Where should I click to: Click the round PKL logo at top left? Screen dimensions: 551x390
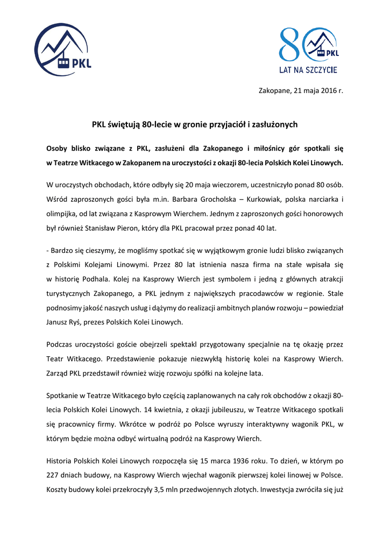62,50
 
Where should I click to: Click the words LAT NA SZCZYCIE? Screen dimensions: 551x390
308,69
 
